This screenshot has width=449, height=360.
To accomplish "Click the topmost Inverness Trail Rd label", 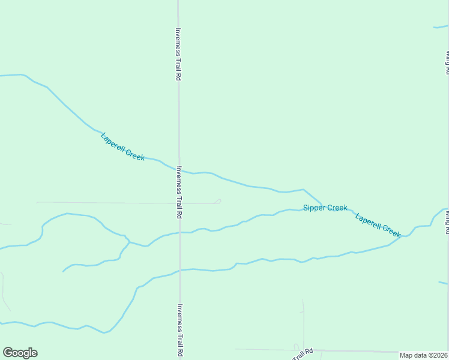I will tap(178, 55).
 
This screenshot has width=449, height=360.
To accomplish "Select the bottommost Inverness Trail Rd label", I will tap(179, 331).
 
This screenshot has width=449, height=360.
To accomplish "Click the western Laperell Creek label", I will tap(122, 146).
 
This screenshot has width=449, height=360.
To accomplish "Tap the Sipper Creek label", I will tap(325, 208).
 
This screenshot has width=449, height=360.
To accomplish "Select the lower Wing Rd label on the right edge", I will tap(447, 217).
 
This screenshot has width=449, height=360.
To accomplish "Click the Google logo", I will tap(20, 353).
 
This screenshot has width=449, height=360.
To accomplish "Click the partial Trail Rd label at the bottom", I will tap(303, 354).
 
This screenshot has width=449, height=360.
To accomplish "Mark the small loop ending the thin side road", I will tap(218, 201).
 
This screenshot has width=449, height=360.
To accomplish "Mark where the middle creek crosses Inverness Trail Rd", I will tap(179, 233).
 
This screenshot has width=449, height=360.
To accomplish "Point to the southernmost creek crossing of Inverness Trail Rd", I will tap(179, 270).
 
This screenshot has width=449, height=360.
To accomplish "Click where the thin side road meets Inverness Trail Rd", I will tap(179, 203).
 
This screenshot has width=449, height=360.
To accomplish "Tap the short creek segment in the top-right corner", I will tap(441, 26).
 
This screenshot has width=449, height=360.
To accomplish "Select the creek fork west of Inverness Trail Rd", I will tap(128, 242).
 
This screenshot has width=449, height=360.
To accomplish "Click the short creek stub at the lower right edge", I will tap(443, 283).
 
